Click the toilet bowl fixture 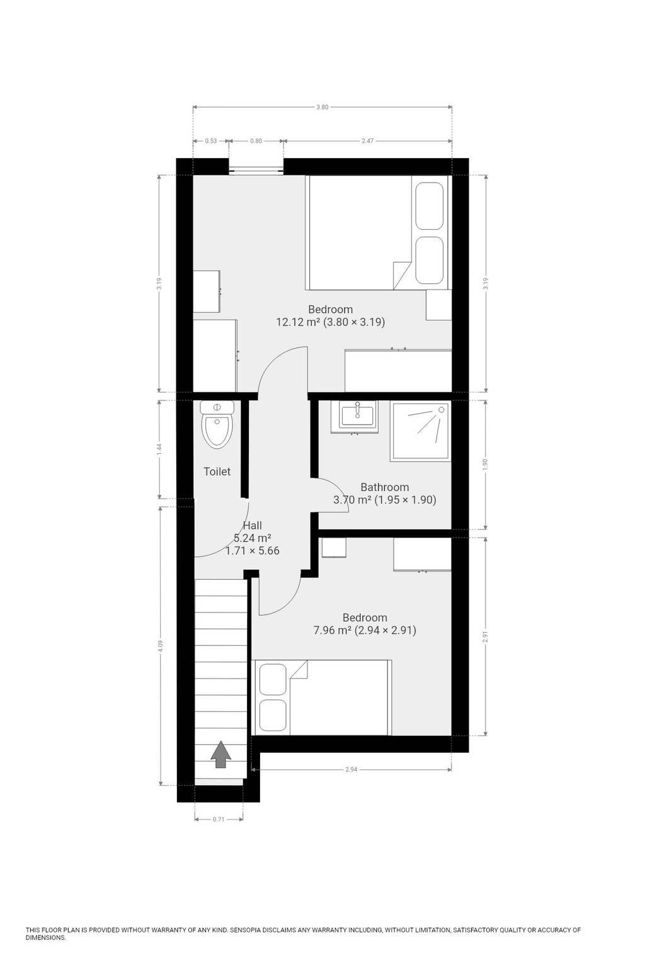[x=217, y=424]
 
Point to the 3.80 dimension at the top [x=322, y=107]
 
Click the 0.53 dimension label [x=211, y=141]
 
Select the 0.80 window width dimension [x=256, y=141]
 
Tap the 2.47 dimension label [x=368, y=141]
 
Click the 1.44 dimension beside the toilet [x=159, y=450]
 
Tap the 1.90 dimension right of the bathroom [x=486, y=465]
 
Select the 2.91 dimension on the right [x=486, y=636]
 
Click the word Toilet [x=217, y=472]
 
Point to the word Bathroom [x=384, y=487]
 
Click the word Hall [x=253, y=526]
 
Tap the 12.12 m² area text [x=298, y=322]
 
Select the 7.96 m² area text [x=332, y=630]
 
